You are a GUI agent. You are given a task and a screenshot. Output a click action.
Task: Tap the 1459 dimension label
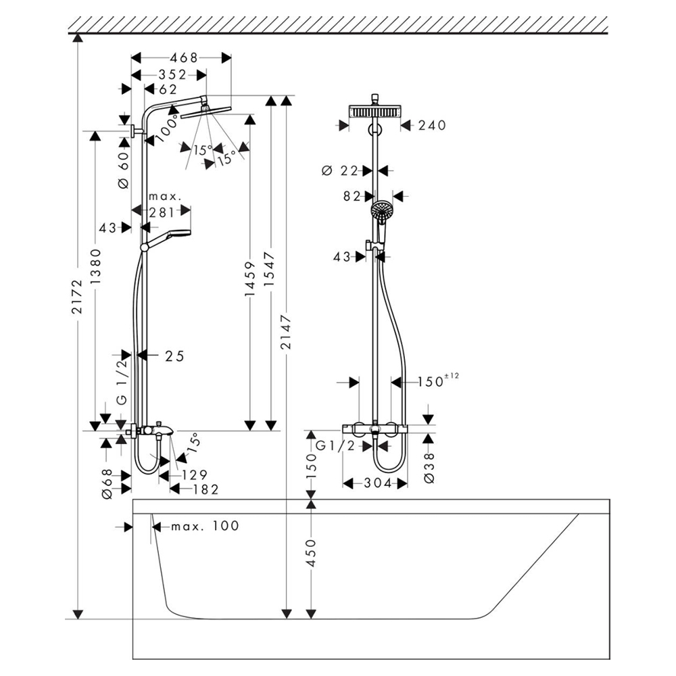pyautogui.click(x=250, y=281)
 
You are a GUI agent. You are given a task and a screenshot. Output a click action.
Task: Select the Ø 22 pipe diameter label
pyautogui.click(x=339, y=171)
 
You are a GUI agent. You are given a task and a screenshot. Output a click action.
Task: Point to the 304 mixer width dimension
pyautogui.click(x=375, y=483)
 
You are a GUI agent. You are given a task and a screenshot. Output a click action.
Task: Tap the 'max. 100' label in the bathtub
pyautogui.click(x=204, y=526)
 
